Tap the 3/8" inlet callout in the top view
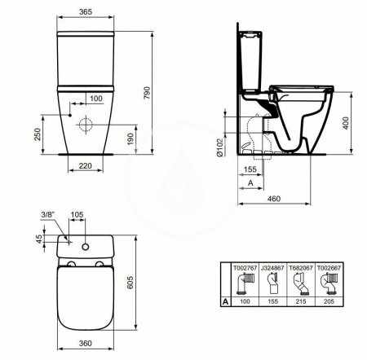(48, 214)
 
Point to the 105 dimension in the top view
(78, 214)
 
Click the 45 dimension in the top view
(38, 240)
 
